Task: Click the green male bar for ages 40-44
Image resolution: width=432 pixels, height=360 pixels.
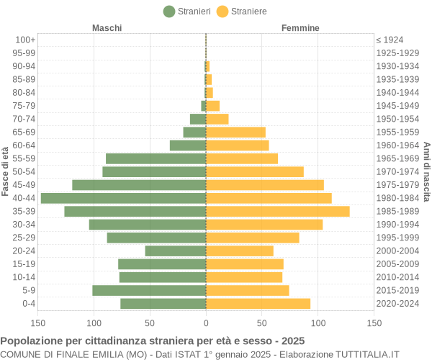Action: (x=123, y=198)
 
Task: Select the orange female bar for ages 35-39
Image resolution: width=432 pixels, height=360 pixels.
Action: (x=277, y=211)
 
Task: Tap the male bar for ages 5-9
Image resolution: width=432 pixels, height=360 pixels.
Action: (x=149, y=290)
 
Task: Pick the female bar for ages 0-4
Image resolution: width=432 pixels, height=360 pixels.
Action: (x=258, y=304)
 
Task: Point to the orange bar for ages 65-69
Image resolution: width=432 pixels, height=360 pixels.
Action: (x=235, y=132)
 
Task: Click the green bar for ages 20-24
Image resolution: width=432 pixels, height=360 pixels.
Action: (x=175, y=251)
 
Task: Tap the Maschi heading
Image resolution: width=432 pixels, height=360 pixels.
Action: (x=107, y=28)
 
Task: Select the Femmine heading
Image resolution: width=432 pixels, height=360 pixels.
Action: (x=301, y=28)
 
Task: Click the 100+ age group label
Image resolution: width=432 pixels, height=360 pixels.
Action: (x=25, y=40)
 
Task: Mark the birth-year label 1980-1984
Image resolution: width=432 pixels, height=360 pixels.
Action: (x=397, y=198)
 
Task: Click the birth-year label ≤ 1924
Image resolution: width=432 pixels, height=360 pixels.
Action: (x=390, y=40)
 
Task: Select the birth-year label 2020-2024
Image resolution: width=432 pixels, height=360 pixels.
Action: (x=397, y=304)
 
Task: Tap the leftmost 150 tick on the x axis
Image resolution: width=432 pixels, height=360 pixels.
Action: (x=38, y=324)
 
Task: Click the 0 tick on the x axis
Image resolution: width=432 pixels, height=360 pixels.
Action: (x=206, y=324)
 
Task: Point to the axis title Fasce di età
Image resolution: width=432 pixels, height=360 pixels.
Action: (x=6, y=171)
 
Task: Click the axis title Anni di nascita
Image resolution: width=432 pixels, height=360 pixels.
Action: (x=426, y=171)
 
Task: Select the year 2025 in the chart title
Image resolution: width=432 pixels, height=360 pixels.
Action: (x=292, y=341)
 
